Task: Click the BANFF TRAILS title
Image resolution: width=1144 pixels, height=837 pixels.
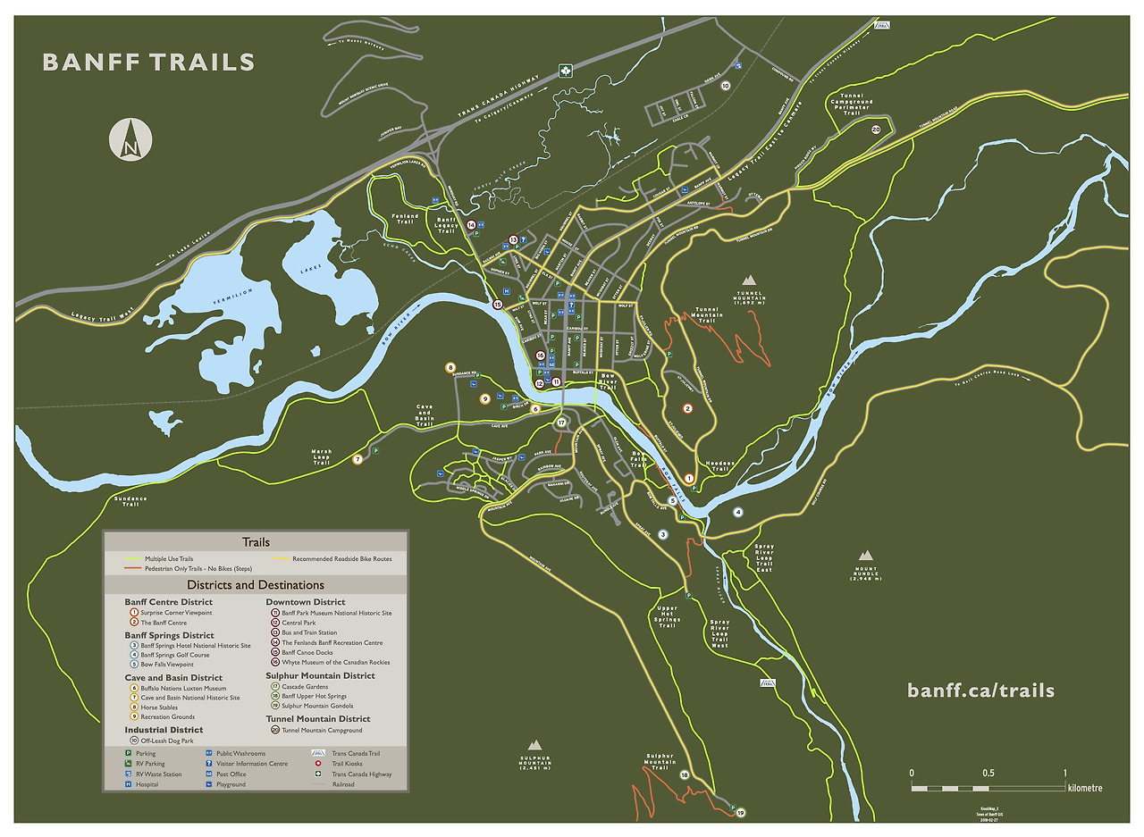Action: (x=148, y=63)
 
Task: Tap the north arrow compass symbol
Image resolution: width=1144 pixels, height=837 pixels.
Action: (x=130, y=140)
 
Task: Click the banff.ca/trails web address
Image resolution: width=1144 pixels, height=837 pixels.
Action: (x=980, y=691)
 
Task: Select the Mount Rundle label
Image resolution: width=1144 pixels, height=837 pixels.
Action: (x=865, y=573)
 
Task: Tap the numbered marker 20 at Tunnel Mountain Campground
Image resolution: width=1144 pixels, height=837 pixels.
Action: (x=876, y=130)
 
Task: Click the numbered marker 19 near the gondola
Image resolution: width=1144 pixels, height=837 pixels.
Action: (x=740, y=813)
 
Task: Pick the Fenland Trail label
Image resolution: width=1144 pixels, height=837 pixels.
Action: (x=405, y=218)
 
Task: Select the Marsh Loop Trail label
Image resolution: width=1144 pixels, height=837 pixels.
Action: (x=322, y=456)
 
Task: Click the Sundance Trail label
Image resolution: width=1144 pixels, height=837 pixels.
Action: (x=130, y=500)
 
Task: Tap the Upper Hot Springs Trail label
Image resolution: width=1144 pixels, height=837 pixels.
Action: (x=667, y=616)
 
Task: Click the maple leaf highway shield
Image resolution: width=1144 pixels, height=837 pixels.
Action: (x=565, y=71)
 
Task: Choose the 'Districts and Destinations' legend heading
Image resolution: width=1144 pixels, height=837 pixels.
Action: (x=256, y=585)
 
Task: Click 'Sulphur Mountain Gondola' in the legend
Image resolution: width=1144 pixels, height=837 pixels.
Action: (x=316, y=706)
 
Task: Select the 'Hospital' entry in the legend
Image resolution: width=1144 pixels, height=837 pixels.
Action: (x=148, y=784)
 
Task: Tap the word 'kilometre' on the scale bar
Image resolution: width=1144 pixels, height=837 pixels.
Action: (x=1084, y=788)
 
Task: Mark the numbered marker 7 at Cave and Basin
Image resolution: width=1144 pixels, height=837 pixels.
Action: (x=357, y=460)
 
